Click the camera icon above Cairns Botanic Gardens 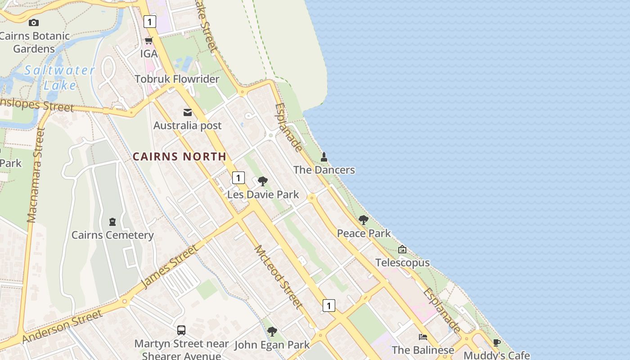coord(33,22)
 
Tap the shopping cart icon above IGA coord(148,40)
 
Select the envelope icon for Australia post coord(188,112)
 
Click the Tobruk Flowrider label coord(177,79)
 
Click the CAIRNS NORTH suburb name coord(179,157)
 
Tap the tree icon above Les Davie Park coord(263,181)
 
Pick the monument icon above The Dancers coord(324,157)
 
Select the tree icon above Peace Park coord(364,220)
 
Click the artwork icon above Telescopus coord(402,249)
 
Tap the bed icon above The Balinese coord(423,337)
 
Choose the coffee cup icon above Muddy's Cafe coord(496,342)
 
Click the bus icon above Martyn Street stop coord(181,330)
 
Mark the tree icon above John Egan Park coord(272,332)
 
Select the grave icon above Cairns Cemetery coord(112,221)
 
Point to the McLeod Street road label coord(278,276)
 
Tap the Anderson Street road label coord(62,326)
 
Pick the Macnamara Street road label coord(36,175)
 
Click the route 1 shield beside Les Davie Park coord(238,178)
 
